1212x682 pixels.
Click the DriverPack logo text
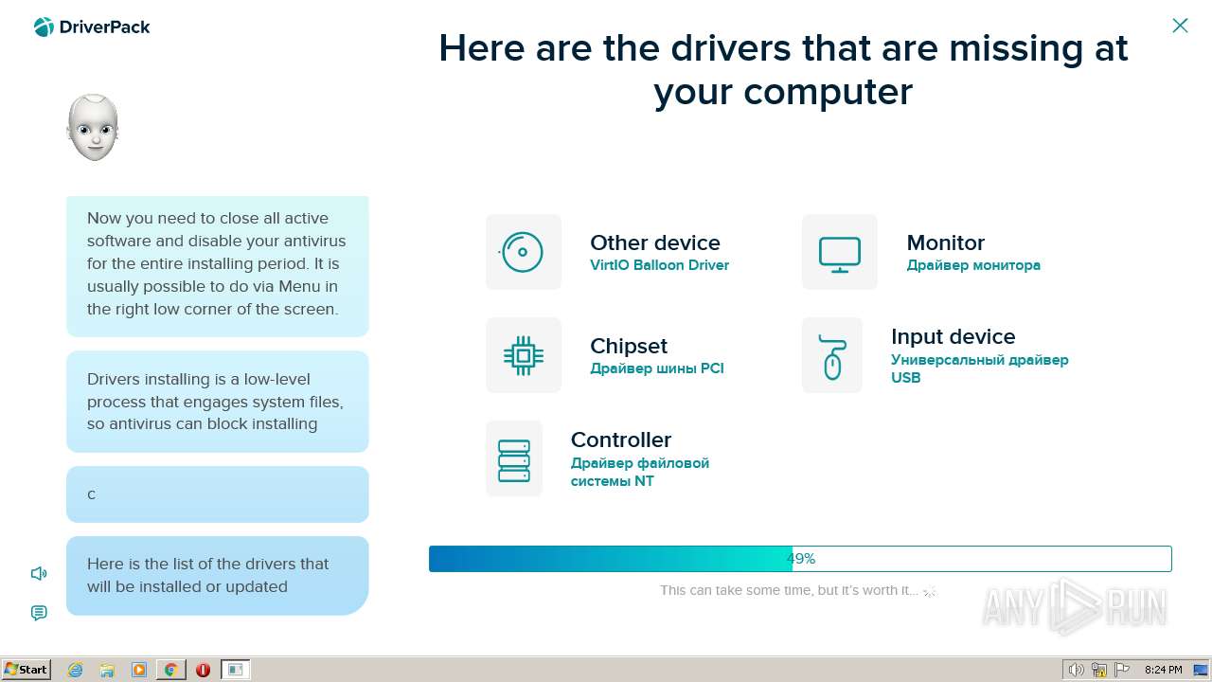coord(104,27)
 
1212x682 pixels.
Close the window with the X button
coord(1180,26)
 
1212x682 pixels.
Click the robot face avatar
coord(93,127)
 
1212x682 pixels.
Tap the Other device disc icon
coord(522,252)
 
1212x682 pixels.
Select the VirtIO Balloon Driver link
coord(659,265)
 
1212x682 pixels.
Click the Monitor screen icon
coord(840,254)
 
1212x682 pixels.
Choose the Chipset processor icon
coord(524,355)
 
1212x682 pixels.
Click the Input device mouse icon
coord(832,357)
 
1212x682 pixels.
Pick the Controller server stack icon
coord(514,460)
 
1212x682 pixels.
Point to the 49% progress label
coord(801,559)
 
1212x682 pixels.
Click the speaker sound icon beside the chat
coord(39,573)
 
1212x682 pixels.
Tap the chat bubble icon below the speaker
coord(39,613)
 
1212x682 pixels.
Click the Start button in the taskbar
coord(26,670)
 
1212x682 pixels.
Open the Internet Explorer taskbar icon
coord(75,670)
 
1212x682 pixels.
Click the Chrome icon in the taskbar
coord(171,670)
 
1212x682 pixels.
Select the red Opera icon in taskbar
coord(203,670)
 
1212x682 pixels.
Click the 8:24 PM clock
coord(1164,670)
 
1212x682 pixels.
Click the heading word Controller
coord(621,440)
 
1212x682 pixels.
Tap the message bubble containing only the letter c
coord(218,494)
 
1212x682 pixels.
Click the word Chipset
coord(629,347)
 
